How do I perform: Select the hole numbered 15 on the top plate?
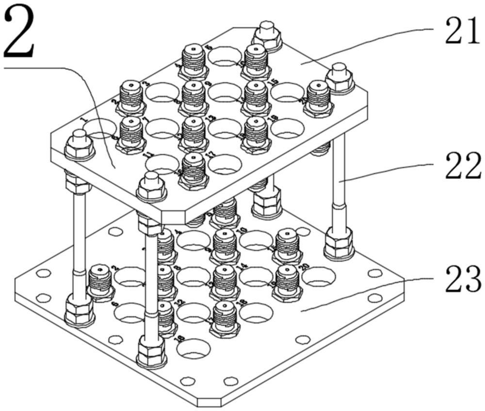(x=288, y=92)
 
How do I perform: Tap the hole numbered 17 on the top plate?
(x=225, y=164)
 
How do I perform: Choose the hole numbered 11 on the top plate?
(x=162, y=164)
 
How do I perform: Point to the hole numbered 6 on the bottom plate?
(x=129, y=311)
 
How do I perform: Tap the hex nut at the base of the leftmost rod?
(x=79, y=310)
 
